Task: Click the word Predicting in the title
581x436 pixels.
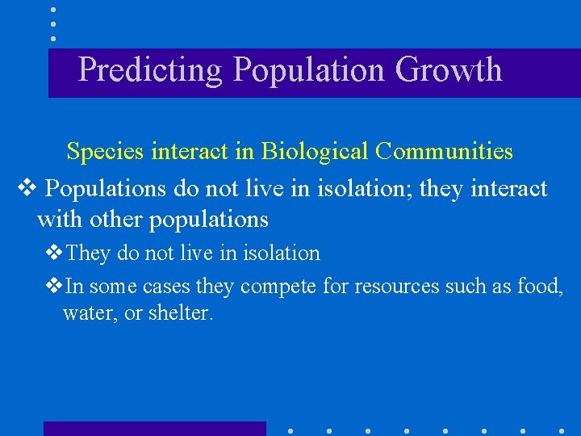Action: pyautogui.click(x=150, y=70)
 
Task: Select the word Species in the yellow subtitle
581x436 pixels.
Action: pyautogui.click(x=106, y=152)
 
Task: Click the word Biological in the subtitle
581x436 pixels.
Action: pyautogui.click(x=316, y=152)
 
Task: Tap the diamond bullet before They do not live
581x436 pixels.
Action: pyautogui.click(x=55, y=254)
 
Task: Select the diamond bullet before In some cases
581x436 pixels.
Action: pyautogui.click(x=55, y=287)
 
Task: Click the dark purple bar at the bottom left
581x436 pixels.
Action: pyautogui.click(x=154, y=428)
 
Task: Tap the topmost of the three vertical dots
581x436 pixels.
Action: pyautogui.click(x=52, y=10)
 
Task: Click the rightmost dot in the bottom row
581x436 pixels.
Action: pyautogui.click(x=562, y=430)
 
